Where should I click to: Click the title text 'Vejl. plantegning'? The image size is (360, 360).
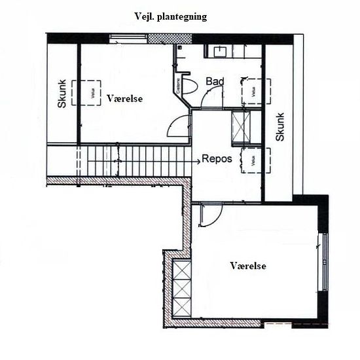pyautogui.click(x=170, y=17)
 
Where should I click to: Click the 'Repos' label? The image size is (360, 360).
pyautogui.click(x=217, y=159)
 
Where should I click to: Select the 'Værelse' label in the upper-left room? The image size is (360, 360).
pyautogui.click(x=124, y=98)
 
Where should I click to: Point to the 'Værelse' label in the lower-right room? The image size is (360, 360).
pyautogui.click(x=249, y=266)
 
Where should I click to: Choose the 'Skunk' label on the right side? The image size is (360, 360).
pyautogui.click(x=280, y=127)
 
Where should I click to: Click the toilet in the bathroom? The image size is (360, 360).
pyautogui.click(x=190, y=85)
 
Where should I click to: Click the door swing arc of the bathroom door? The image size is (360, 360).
pyautogui.click(x=213, y=98)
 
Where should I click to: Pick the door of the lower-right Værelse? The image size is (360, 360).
pyautogui.click(x=209, y=214)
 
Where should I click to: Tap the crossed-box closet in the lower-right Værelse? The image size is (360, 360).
pyautogui.click(x=181, y=288)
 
